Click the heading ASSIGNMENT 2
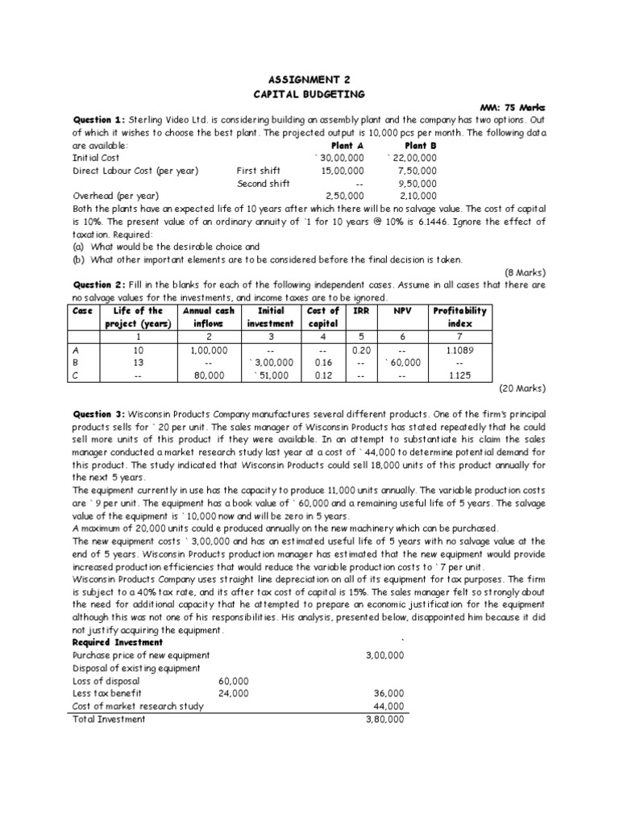309,80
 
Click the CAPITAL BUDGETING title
309,93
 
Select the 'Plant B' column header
421,146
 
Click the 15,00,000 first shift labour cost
342,171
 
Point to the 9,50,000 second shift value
417,184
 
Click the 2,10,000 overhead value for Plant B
417,196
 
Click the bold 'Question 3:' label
99,413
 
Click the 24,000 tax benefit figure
234,694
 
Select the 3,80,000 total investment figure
384,719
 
